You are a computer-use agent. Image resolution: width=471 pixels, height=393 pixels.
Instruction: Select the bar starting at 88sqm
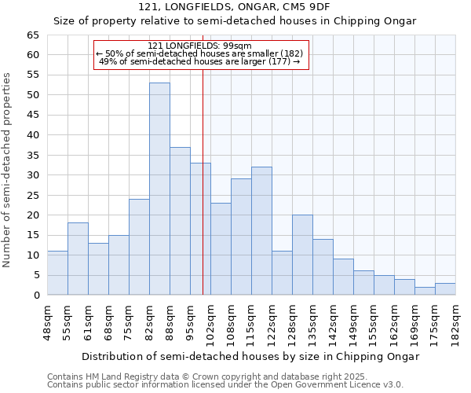coord(180,221)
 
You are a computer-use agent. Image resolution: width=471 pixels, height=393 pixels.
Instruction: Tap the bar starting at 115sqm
coord(261,231)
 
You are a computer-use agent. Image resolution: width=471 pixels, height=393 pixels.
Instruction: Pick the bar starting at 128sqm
coord(302,255)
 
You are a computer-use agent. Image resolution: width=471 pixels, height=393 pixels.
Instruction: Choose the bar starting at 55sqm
coord(78,259)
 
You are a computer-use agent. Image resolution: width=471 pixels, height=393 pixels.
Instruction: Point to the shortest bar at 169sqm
coord(425,291)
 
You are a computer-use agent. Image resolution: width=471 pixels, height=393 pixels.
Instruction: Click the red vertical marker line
coord(203,196)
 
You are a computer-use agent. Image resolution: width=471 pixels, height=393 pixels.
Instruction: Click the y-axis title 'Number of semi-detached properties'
coord(7,170)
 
